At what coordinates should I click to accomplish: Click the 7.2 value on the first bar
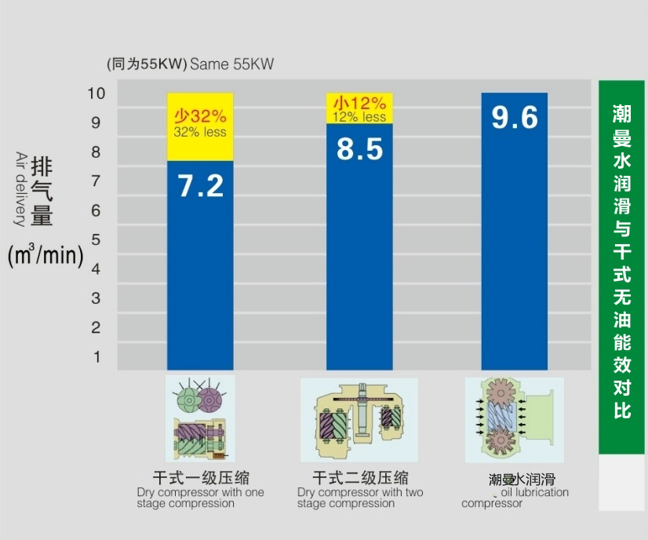201,186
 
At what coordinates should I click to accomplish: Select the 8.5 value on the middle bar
359,148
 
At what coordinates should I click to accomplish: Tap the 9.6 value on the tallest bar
515,117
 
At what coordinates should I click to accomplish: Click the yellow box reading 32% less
200,126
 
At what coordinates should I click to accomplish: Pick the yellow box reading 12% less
359,108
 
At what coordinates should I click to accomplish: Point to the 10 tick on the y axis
96,93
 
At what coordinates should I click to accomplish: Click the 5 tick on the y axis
96,239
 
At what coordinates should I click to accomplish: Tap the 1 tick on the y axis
96,356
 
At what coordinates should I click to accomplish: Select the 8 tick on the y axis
96,151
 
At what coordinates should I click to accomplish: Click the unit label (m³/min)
46,256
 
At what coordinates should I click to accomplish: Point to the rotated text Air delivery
20,189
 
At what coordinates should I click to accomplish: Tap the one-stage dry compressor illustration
200,418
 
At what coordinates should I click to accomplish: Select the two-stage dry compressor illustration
359,419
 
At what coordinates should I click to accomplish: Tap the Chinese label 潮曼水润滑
522,479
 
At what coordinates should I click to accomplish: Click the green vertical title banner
621,267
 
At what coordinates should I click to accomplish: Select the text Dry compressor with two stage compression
360,498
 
